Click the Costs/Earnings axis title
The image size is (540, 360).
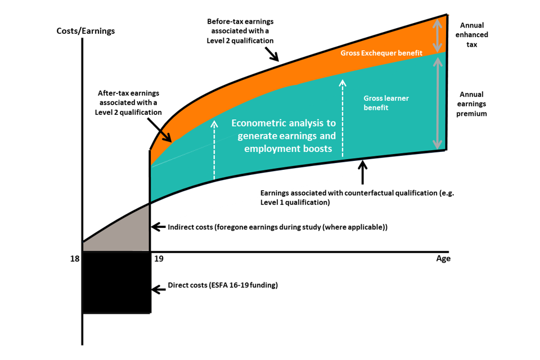pyautogui.click(x=85, y=31)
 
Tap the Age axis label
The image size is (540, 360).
pyautogui.click(x=443, y=259)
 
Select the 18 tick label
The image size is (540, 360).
pyautogui.click(x=73, y=259)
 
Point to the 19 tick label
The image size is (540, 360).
pyautogui.click(x=159, y=259)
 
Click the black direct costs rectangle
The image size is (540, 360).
pyautogui.click(x=116, y=283)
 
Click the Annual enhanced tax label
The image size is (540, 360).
pyautogui.click(x=471, y=34)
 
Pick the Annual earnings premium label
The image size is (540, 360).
pyautogui.click(x=471, y=103)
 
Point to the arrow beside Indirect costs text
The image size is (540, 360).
pyautogui.click(x=159, y=228)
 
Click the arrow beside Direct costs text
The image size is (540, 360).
pyautogui.click(x=159, y=291)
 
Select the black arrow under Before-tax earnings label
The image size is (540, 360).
pyautogui.click(x=272, y=54)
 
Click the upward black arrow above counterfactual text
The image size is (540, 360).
pyautogui.click(x=363, y=172)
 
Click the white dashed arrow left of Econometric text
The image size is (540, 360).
pyautogui.click(x=214, y=148)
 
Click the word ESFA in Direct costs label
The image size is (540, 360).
pyautogui.click(x=218, y=285)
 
